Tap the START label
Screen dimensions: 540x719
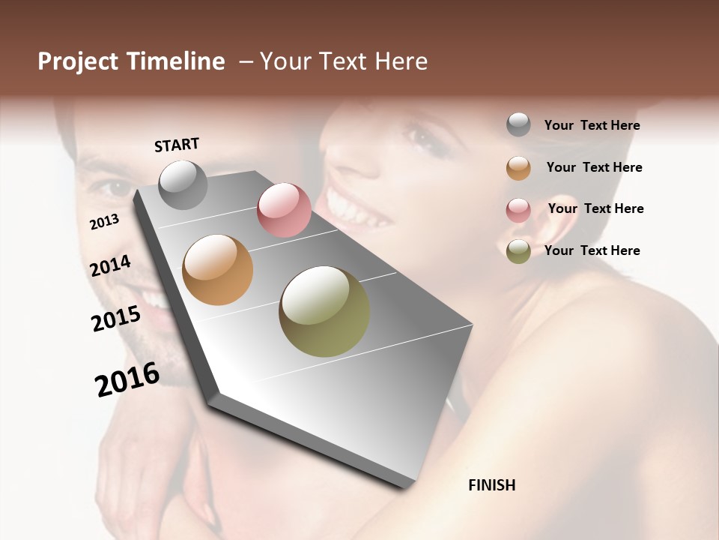tap(177, 145)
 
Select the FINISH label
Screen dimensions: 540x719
tap(491, 485)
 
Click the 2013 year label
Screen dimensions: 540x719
tap(104, 222)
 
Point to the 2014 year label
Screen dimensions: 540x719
tap(110, 266)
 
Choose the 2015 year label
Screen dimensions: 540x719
tap(116, 319)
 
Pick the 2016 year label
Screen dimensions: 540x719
tap(127, 379)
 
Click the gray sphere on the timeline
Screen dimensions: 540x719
tap(183, 184)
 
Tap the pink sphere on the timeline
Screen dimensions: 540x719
tap(284, 210)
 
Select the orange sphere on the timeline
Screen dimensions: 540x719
tap(218, 270)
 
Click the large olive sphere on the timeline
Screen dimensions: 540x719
tap(324, 311)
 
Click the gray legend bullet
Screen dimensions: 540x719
tap(518, 125)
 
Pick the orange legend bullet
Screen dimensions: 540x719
tap(518, 168)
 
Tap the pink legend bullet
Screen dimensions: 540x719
tap(518, 210)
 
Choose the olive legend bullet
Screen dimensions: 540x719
tap(518, 251)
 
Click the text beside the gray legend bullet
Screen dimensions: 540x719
tap(592, 125)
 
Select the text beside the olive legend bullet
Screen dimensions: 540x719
tap(592, 250)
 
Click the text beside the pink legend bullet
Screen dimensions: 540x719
tap(595, 208)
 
